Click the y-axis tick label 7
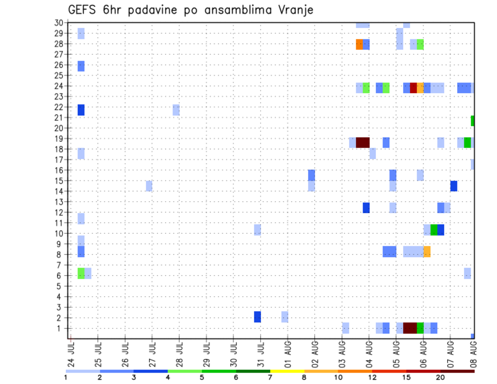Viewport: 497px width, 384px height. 60,265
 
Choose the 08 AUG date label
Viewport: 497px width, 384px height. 473,353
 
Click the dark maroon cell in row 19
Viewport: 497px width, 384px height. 362,142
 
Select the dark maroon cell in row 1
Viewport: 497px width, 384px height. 410,328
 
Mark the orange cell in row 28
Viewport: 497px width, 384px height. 359,45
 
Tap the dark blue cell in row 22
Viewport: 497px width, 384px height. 81,110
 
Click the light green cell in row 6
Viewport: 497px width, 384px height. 81,273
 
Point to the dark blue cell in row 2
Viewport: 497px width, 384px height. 257,317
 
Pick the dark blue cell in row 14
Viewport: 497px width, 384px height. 454,186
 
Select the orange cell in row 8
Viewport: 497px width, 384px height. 427,252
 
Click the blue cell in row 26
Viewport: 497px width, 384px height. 81,66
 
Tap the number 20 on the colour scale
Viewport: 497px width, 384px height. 441,377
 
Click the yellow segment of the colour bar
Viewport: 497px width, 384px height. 287,371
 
